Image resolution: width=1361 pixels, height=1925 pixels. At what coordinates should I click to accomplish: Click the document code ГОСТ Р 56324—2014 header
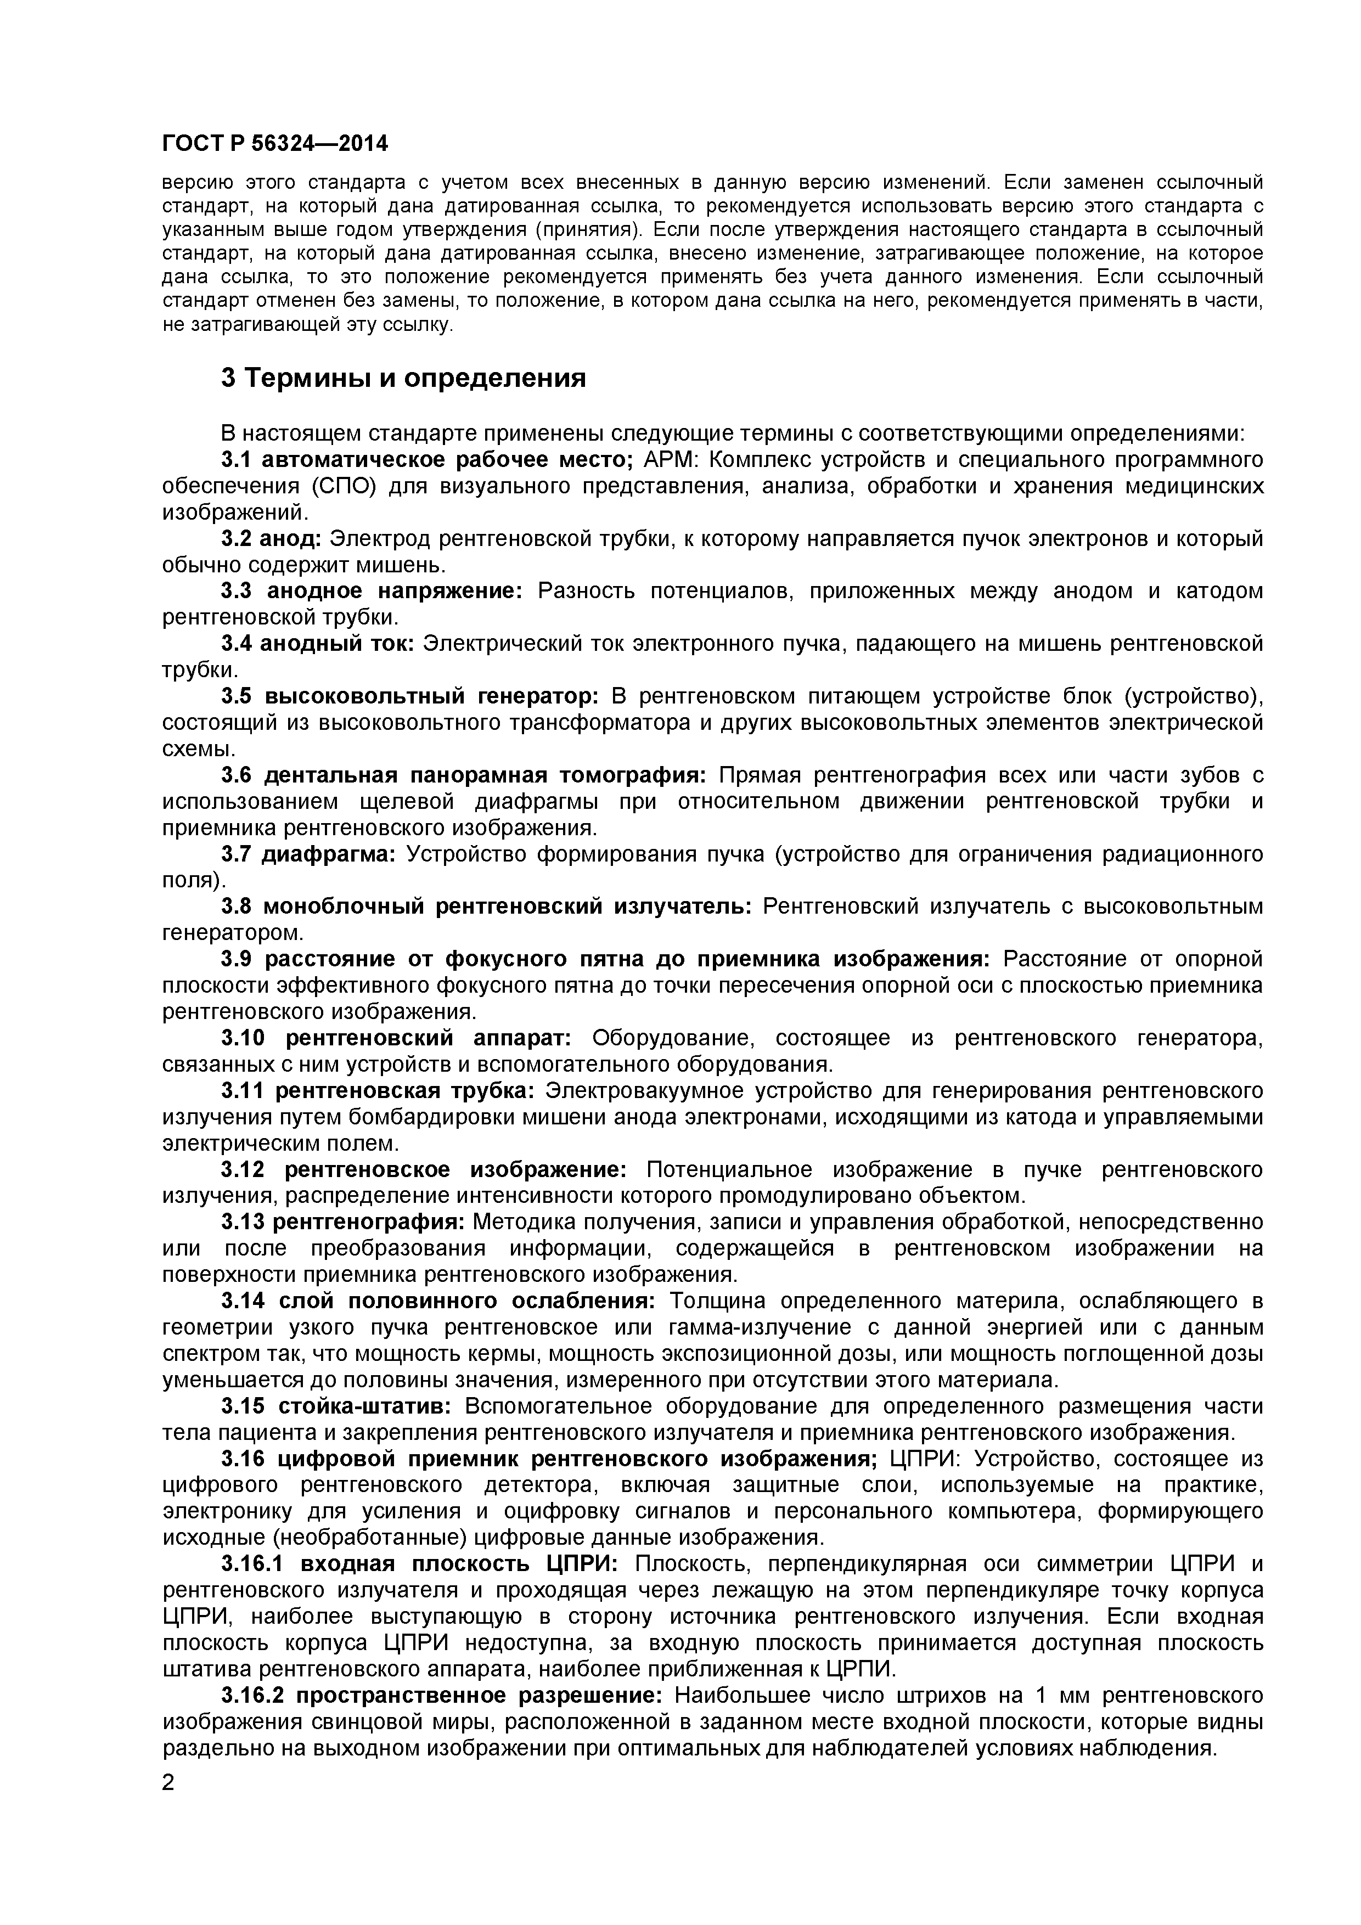(x=275, y=144)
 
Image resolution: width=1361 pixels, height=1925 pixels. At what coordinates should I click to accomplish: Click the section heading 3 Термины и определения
(x=403, y=379)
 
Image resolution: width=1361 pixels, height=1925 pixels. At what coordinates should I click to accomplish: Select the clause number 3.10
(x=243, y=1039)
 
